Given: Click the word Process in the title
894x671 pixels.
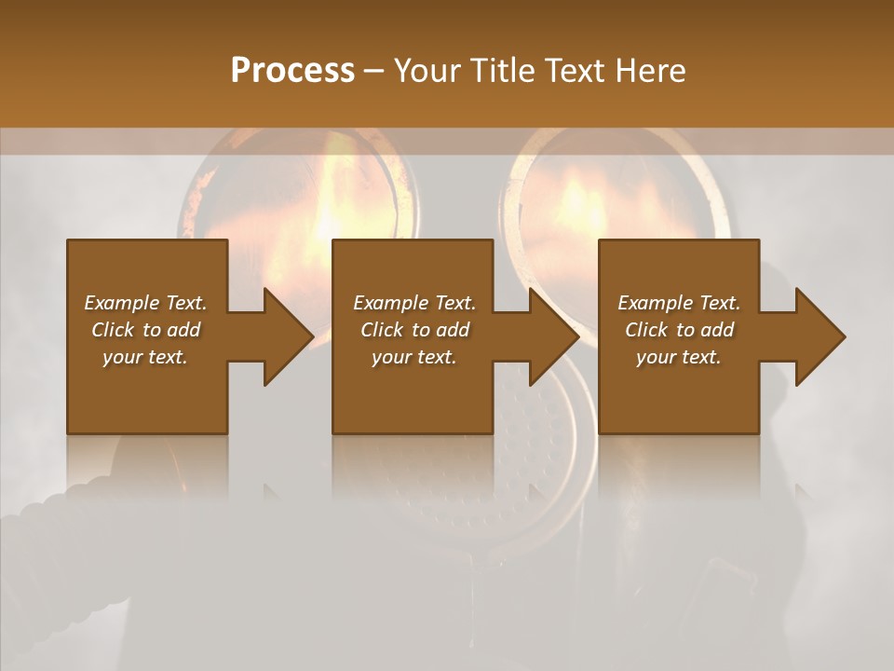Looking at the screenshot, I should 292,71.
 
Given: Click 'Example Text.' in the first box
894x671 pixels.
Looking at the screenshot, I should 145,303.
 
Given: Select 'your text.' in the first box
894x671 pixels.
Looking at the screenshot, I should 145,357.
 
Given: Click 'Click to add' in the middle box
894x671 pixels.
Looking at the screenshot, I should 414,330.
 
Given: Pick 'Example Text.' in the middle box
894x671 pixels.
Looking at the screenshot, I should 414,303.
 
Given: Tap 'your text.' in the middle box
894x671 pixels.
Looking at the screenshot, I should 414,357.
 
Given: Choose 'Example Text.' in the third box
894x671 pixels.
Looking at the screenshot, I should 679,303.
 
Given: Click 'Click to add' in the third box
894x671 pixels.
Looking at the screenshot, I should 679,330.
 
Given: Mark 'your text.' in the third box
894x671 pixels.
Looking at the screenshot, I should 679,357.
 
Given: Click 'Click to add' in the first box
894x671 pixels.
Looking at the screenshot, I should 145,330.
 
